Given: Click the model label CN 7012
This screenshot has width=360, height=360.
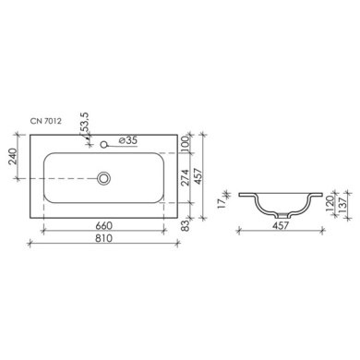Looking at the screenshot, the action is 45,121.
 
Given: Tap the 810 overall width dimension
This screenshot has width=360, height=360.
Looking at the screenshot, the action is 103,238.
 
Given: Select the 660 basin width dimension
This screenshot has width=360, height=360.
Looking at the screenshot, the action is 103,225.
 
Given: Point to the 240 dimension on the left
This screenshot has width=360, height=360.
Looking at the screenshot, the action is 12,156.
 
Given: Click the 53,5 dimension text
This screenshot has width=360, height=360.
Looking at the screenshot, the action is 85,123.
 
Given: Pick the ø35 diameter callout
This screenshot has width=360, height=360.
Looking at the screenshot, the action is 127,140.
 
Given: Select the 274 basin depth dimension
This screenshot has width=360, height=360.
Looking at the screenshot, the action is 185,177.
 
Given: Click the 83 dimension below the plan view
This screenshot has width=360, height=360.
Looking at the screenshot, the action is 186,226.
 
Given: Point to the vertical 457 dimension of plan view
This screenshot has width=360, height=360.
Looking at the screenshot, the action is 198,176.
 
